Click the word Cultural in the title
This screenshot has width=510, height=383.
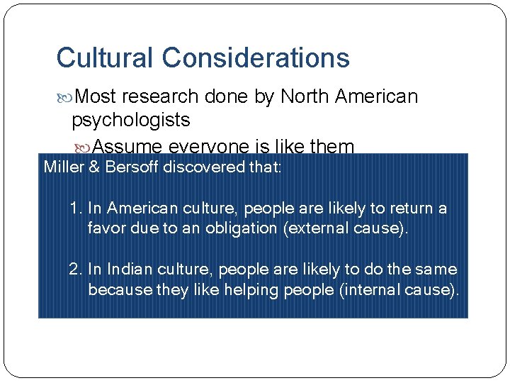click(x=103, y=57)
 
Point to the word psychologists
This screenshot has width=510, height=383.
click(x=131, y=120)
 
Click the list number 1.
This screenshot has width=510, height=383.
click(x=75, y=209)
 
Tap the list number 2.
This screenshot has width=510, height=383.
click(x=75, y=270)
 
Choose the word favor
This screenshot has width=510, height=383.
click(x=105, y=228)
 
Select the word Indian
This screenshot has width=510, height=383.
click(x=125, y=270)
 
